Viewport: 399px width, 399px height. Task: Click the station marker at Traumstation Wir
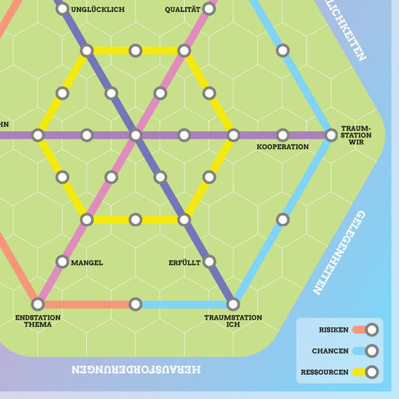[331, 135]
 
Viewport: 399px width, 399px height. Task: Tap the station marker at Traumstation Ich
[233, 304]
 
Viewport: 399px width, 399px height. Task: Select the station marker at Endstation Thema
[37, 304]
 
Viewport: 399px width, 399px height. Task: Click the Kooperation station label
[282, 147]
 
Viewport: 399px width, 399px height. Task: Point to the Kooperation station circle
[282, 135]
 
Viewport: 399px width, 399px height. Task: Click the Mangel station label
[86, 263]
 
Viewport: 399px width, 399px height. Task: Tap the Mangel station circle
[62, 262]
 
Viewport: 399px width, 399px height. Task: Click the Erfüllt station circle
[209, 262]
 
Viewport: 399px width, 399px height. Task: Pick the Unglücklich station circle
[62, 9]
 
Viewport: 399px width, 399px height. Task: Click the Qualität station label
[183, 9]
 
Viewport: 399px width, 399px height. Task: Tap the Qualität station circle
[209, 9]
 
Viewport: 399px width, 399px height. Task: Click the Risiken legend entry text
[334, 329]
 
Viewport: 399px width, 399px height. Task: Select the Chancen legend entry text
[332, 350]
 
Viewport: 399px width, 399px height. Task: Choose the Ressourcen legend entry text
[326, 371]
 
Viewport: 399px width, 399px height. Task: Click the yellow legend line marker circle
[371, 371]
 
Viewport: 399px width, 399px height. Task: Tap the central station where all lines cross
[135, 135]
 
